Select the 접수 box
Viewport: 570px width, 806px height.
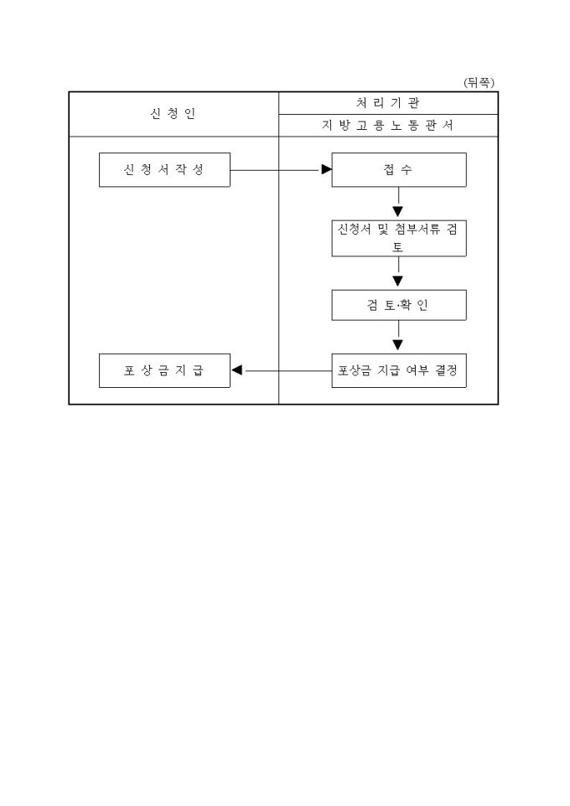point(398,169)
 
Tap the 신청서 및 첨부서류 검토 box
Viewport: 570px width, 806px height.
point(398,238)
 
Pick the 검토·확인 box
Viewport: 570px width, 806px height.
point(398,305)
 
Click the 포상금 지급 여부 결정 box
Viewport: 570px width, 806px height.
point(398,370)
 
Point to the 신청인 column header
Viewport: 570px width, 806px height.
point(173,114)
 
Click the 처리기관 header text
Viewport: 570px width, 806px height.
point(387,103)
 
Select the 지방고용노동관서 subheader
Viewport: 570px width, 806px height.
point(387,126)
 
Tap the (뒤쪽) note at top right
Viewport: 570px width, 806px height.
point(479,82)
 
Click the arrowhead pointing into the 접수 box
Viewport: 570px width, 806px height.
point(327,169)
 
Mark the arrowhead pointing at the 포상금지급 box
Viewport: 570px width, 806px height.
point(237,370)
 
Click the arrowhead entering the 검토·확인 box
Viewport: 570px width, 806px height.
point(398,282)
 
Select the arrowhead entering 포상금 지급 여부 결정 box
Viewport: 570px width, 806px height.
point(398,344)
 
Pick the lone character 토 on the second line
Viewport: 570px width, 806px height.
point(398,247)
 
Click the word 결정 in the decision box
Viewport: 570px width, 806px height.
point(448,370)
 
